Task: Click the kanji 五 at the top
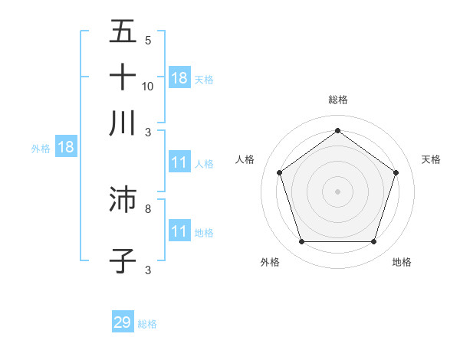123,32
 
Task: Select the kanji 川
123,122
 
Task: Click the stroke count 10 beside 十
148,87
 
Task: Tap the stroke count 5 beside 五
148,41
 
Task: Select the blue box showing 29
123,322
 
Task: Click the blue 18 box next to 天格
179,77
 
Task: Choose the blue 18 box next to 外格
66,147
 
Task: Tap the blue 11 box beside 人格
179,162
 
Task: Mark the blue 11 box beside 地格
179,231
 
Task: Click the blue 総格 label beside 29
147,324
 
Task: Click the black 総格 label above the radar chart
338,100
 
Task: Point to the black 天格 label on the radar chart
431,159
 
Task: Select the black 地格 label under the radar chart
402,263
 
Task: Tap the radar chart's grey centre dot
338,191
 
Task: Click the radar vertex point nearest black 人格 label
280,172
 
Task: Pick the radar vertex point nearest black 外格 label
301,242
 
